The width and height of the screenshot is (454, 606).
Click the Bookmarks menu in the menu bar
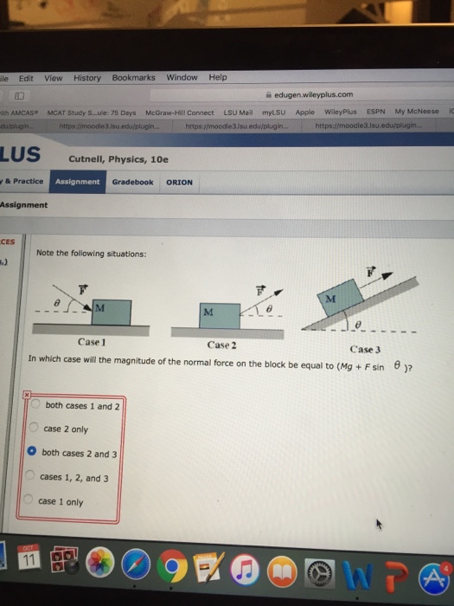133,78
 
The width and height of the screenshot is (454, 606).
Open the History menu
87,78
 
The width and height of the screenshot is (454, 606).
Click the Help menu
218,77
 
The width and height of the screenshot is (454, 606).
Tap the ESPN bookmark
375,111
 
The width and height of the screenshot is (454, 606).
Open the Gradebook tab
132,183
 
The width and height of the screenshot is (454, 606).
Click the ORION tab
179,183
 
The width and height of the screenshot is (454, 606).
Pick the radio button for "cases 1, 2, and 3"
31,476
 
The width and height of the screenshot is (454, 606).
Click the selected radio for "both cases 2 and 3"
32,452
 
